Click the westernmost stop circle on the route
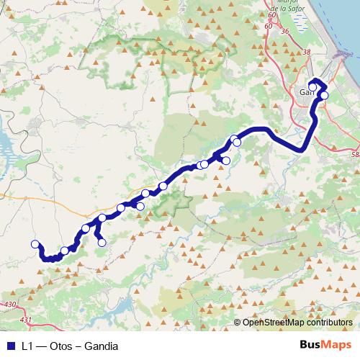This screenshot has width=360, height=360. (x=35, y=244)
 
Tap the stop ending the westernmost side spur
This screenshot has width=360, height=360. (x=102, y=243)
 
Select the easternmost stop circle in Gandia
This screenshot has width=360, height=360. (x=324, y=95)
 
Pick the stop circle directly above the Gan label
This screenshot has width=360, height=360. (x=312, y=88)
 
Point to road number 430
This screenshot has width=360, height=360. (x=10, y=306)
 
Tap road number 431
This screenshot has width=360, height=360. (x=27, y=320)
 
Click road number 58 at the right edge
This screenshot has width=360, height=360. (x=355, y=154)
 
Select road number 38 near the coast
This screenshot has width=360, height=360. (x=308, y=52)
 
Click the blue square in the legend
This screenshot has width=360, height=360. (x=9, y=346)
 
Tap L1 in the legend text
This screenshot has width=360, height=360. (x=28, y=346)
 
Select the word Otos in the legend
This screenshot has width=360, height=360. (x=60, y=346)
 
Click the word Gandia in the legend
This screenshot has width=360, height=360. (x=101, y=346)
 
